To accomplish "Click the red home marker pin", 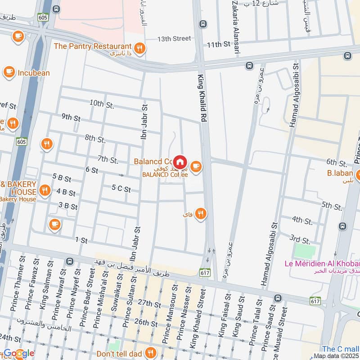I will pyautogui.click(x=180, y=161).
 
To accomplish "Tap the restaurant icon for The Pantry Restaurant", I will pyautogui.click(x=140, y=47).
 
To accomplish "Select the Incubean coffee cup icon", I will pyautogui.click(x=9, y=72).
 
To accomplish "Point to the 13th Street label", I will pyautogui.click(x=174, y=39).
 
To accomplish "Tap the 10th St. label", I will pyautogui.click(x=102, y=103).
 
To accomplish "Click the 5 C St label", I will pyautogui.click(x=121, y=189).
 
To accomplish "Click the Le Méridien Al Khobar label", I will pyautogui.click(x=322, y=263).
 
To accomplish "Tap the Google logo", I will pyautogui.click(x=19, y=353).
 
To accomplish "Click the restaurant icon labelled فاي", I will pyautogui.click(x=201, y=214).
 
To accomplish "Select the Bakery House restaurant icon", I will pyautogui.click(x=44, y=190).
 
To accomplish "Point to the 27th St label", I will pyautogui.click(x=149, y=305).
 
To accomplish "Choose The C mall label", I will pyautogui.click(x=340, y=349).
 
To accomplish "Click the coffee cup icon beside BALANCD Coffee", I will pyautogui.click(x=195, y=167).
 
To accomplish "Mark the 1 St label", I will pyautogui.click(x=81, y=240).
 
